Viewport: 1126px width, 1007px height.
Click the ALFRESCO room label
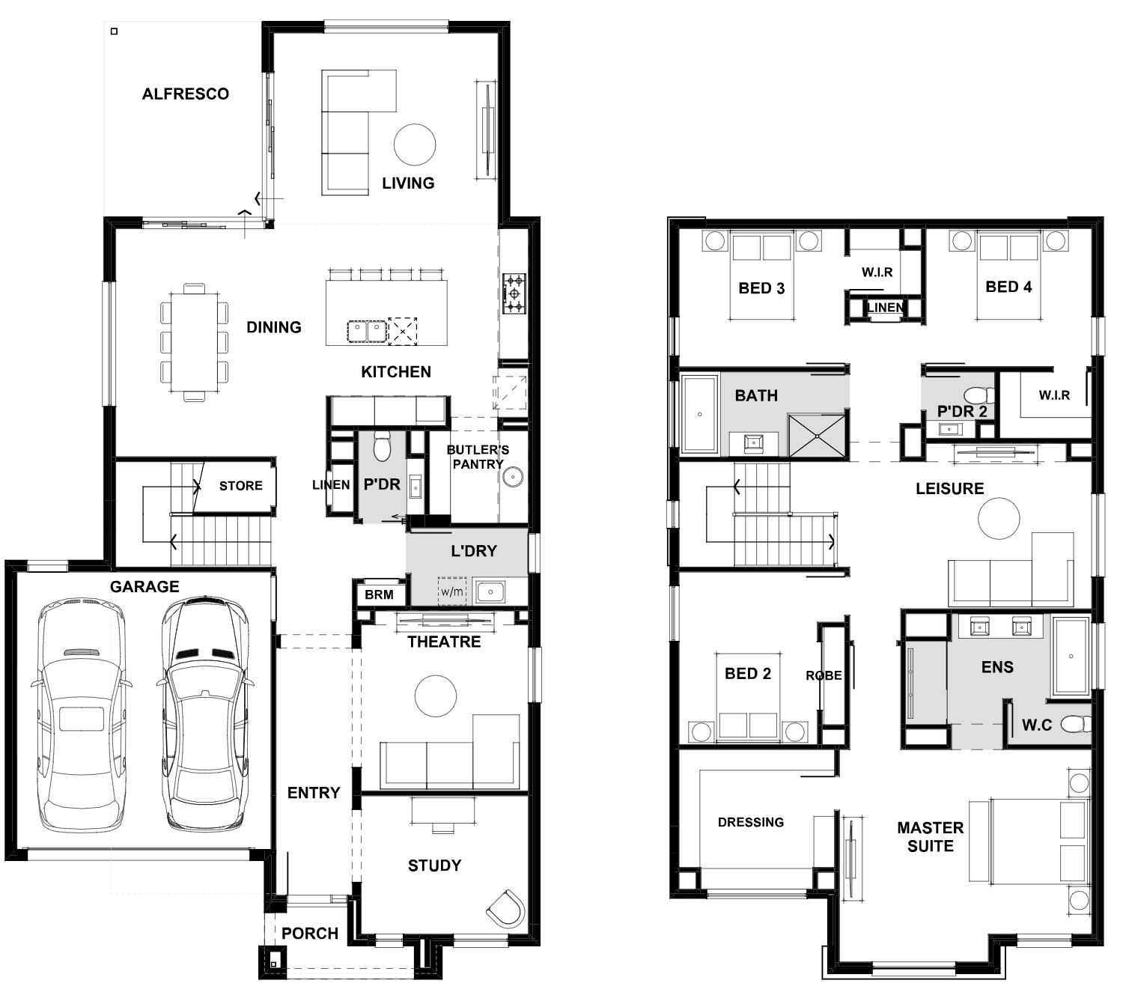pos(186,94)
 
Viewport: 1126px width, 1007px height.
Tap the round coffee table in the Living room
pos(415,144)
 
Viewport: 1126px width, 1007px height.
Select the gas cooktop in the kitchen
pos(514,293)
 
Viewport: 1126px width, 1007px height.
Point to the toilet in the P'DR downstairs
pos(383,446)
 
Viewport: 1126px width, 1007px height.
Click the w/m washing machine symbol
pos(452,592)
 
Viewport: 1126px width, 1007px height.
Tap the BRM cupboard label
pos(379,594)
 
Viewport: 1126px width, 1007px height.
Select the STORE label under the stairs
pos(240,486)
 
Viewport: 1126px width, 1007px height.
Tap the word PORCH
pos(310,933)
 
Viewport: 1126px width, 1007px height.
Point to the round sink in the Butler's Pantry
pos(512,477)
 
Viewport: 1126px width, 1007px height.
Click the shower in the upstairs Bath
pos(818,436)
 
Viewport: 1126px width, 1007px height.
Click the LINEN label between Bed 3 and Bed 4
pos(886,307)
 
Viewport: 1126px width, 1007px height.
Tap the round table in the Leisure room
pos(999,518)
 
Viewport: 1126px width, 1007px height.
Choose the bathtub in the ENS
pos(1071,657)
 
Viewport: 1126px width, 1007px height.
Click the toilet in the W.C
pos(1076,724)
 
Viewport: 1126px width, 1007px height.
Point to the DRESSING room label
pos(751,822)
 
